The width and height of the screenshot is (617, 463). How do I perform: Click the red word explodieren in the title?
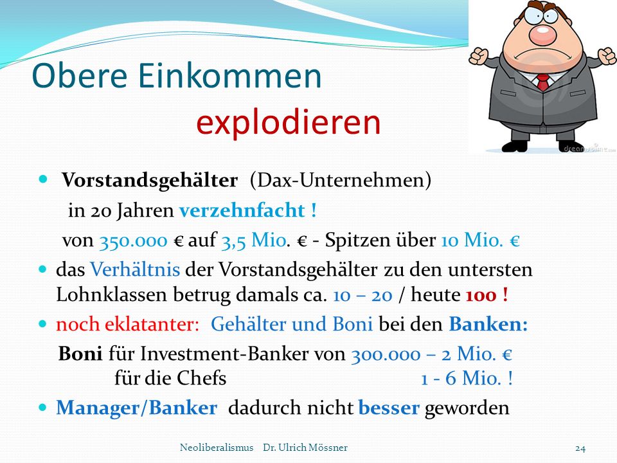point(289,122)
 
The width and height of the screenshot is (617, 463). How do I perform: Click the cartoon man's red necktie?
point(543,82)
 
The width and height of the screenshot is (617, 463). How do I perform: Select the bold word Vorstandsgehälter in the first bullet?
point(150,181)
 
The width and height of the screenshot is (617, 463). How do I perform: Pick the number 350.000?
point(134,240)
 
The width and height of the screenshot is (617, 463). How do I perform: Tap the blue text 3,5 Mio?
point(254,240)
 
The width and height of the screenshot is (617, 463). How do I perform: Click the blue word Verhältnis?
point(135,269)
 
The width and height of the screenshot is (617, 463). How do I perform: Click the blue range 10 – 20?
point(362,295)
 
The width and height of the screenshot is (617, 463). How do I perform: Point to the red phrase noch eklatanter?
point(127,324)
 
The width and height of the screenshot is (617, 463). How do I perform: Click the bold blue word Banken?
point(486,324)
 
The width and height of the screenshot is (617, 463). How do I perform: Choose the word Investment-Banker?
point(225,354)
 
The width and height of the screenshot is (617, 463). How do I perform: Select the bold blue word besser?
point(389,408)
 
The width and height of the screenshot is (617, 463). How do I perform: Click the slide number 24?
point(580,448)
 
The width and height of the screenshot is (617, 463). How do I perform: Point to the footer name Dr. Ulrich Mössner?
point(305,448)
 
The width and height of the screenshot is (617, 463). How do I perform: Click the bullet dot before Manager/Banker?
point(42,407)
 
